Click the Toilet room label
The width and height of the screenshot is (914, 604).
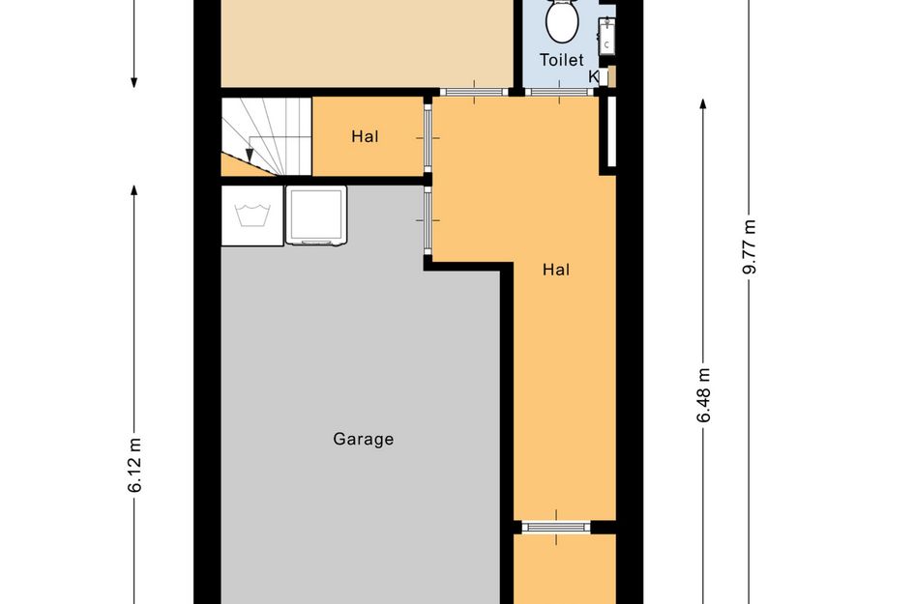coord(561,60)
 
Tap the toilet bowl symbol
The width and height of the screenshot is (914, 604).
coord(562,20)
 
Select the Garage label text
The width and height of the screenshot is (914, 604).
coord(363,439)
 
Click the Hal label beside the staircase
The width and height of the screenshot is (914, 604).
coord(365,136)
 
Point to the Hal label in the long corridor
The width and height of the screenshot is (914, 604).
coord(556,269)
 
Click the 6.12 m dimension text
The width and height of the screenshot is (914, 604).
coord(134,465)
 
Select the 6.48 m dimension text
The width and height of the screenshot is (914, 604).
coord(703,395)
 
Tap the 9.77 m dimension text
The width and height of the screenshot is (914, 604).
coord(750,246)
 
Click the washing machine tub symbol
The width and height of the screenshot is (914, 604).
coord(252,216)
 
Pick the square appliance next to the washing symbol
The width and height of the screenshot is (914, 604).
coord(316,215)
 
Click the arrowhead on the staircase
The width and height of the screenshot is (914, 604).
coord(250,156)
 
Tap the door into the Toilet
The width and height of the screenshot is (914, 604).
coord(559,92)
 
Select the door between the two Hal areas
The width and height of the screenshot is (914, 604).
coord(428,138)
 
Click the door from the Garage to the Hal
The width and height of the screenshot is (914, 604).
coord(428,220)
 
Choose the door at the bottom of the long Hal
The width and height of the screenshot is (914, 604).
coord(556,527)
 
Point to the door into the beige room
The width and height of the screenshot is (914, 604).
coord(474,92)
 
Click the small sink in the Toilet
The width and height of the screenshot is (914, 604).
coord(606,36)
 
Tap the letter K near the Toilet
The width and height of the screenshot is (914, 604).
coord(594,76)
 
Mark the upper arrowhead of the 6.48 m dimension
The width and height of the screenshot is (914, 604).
coord(703,104)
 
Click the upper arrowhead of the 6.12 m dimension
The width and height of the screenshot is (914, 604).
coord(134,190)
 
